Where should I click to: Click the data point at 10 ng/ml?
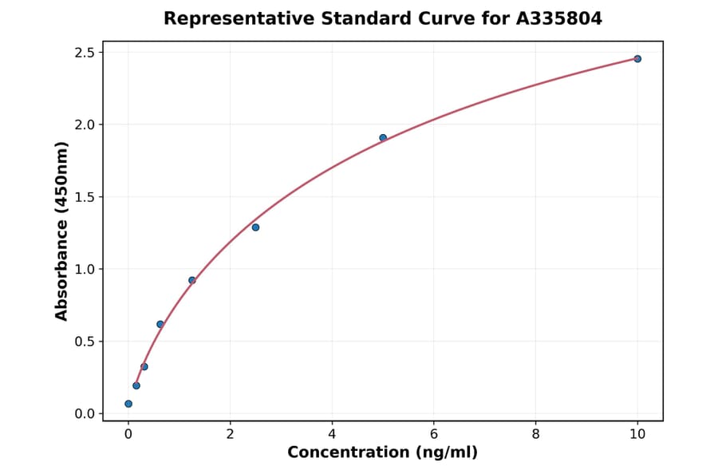(637, 59)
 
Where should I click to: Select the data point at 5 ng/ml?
(383, 138)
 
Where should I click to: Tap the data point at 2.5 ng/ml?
(255, 227)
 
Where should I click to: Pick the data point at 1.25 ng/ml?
(192, 280)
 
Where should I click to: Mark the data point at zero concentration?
(128, 404)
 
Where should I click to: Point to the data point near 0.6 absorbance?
(160, 324)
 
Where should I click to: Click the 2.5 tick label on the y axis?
(85, 53)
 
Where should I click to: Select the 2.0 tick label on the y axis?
(85, 124)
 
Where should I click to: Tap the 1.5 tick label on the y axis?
(85, 197)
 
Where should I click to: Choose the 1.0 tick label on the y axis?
(85, 269)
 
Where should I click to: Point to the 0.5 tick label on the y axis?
(85, 342)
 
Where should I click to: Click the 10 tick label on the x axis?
(637, 434)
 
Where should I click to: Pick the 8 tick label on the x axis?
(535, 434)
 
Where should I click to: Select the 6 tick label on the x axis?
(434, 434)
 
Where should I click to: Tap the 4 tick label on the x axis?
(332, 434)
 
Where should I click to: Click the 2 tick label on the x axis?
(230, 434)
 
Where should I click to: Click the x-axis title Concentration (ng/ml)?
(383, 453)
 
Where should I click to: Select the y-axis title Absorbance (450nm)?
(61, 231)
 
